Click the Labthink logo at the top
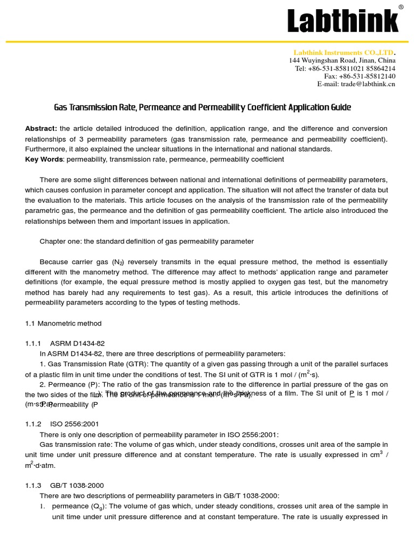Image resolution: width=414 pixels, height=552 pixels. tap(343, 21)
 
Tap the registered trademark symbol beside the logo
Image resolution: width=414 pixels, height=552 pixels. tap(401, 7)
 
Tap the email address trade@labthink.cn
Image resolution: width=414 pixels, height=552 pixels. tap(356, 84)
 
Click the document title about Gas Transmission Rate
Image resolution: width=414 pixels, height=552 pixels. tap(202, 107)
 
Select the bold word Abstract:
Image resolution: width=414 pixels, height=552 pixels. tap(41, 128)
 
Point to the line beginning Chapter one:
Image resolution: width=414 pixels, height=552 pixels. tap(147, 241)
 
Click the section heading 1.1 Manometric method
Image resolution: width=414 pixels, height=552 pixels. tap(63, 323)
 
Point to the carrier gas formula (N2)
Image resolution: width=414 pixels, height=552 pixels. tap(118, 262)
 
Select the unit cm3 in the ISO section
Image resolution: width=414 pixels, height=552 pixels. tap(376, 454)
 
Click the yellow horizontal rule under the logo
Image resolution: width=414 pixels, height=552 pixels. tap(207, 42)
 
